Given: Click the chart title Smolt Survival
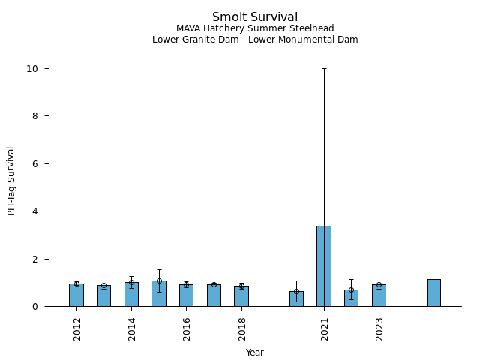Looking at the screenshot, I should [x=255, y=17].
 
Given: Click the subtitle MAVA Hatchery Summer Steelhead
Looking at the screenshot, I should [x=255, y=28].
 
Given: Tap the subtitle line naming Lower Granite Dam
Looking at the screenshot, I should [x=255, y=40].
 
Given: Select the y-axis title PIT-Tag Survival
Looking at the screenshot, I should [x=11, y=181].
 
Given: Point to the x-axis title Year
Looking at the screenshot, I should [x=255, y=352].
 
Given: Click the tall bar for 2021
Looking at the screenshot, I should [x=324, y=266].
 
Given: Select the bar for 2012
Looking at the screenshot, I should [x=76, y=295].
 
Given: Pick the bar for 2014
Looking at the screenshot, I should [x=131, y=294].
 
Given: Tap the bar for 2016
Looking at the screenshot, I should [x=186, y=295].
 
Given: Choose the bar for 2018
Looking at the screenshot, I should [x=241, y=296].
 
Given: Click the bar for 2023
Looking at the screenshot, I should [x=379, y=295].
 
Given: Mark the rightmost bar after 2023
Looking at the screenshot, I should [x=433, y=292].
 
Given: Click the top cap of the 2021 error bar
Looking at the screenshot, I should [x=324, y=68].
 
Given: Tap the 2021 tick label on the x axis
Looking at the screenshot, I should [x=325, y=328].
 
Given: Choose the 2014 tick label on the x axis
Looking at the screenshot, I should [x=132, y=328].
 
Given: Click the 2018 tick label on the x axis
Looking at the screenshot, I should [x=242, y=328].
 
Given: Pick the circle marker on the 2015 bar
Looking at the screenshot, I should [x=159, y=281].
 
